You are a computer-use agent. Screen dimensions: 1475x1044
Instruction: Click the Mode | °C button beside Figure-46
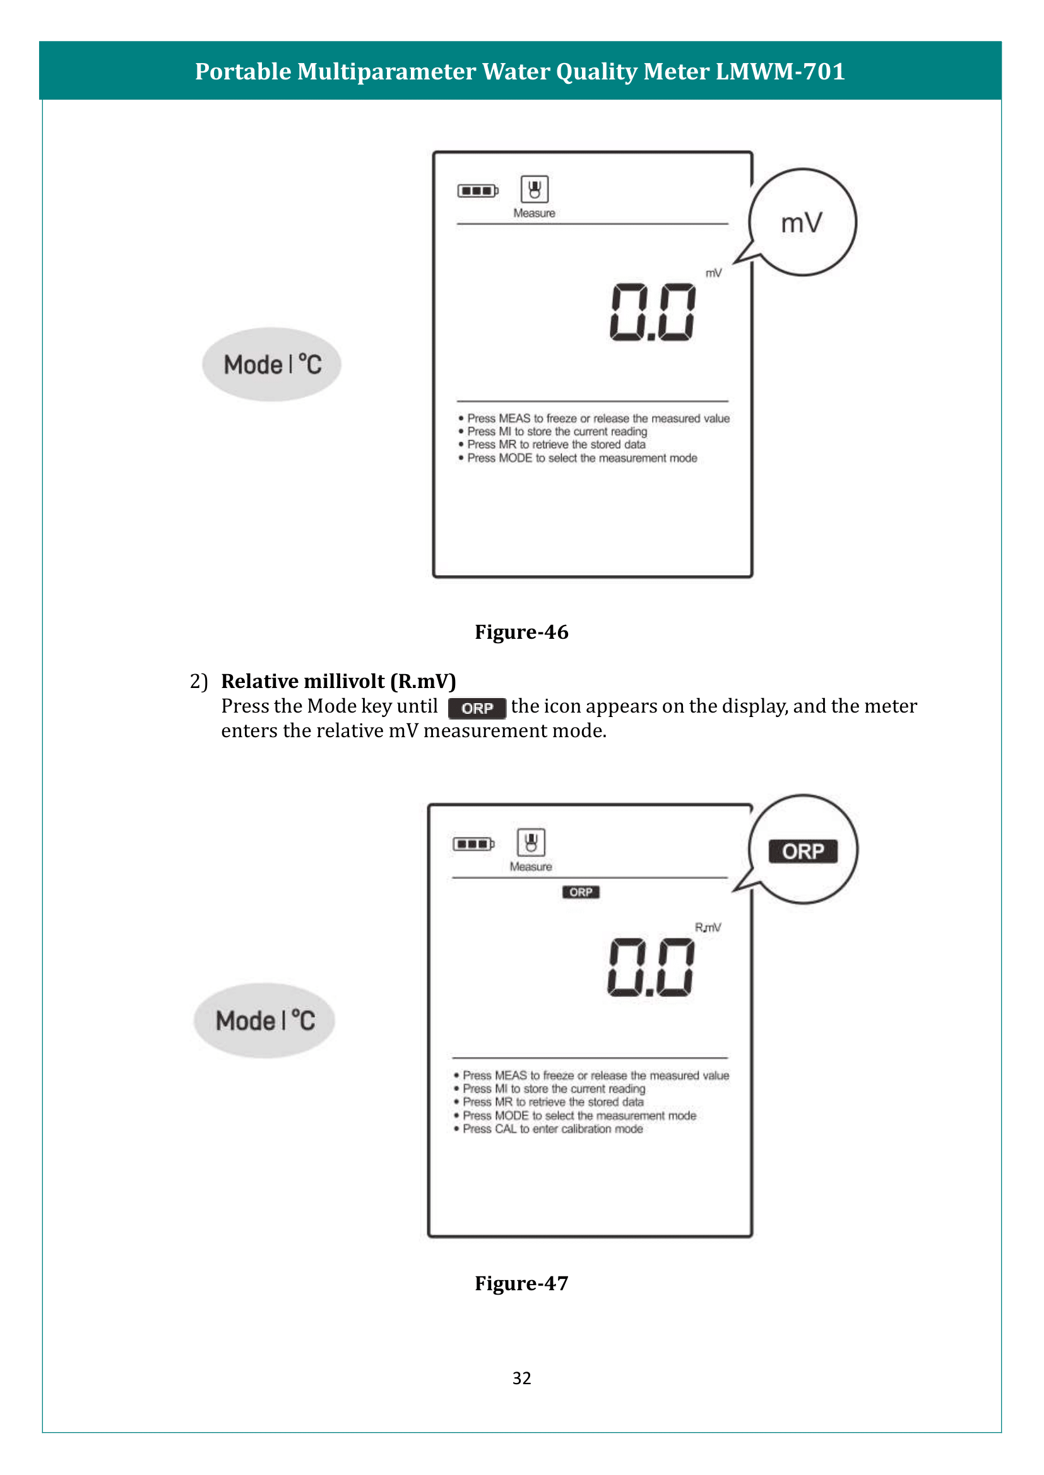click(x=271, y=364)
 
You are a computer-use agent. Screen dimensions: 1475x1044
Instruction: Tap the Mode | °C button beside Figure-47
click(x=264, y=1020)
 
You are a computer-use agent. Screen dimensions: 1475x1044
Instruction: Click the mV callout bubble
click(x=802, y=222)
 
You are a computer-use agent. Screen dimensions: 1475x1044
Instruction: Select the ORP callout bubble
click(x=803, y=851)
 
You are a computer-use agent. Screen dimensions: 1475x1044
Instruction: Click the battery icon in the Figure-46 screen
click(x=478, y=191)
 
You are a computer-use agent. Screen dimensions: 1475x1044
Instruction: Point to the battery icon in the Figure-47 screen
click(x=473, y=844)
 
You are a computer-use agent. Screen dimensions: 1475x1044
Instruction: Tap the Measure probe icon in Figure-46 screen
click(x=534, y=190)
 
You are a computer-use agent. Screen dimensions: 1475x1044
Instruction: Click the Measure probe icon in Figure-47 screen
click(x=531, y=842)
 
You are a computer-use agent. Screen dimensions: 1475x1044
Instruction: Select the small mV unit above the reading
click(x=714, y=273)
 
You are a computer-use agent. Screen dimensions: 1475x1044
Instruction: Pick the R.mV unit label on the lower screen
click(x=708, y=928)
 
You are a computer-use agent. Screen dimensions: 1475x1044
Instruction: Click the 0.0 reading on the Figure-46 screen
click(x=653, y=312)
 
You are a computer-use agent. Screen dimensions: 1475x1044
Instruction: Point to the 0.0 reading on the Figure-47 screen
click(x=651, y=967)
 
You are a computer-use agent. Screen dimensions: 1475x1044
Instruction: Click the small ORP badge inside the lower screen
click(x=581, y=892)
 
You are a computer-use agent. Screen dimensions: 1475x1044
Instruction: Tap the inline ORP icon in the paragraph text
click(x=477, y=708)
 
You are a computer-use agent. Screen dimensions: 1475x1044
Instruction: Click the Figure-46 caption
click(x=521, y=632)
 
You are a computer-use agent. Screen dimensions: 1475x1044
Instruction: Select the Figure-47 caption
click(x=521, y=1283)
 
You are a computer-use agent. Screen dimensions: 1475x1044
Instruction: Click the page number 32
click(x=521, y=1378)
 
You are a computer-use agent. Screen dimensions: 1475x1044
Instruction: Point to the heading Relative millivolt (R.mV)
click(x=338, y=681)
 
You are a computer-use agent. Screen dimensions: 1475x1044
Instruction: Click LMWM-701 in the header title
click(x=780, y=71)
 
